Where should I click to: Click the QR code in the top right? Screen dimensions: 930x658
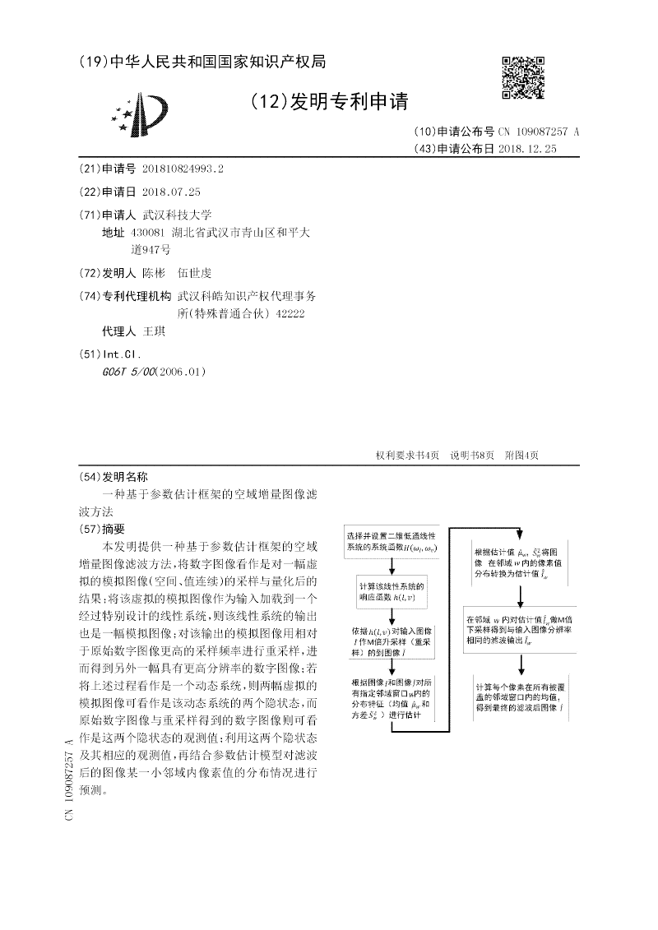(522, 77)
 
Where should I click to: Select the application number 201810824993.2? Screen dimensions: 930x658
(183, 169)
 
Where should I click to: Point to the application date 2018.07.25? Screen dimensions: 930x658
(171, 192)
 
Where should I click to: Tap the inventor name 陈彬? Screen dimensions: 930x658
(154, 273)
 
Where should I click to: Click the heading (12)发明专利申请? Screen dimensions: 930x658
(328, 101)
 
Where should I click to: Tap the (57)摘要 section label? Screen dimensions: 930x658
(102, 529)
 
